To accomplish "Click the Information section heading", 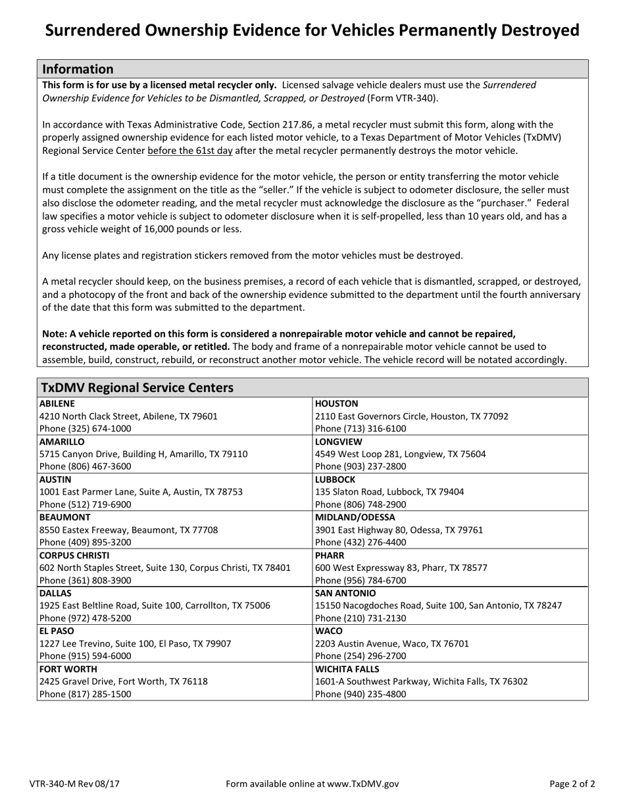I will click(78, 69).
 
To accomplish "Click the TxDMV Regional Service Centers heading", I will click(137, 387).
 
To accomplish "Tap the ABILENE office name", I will click(57, 403).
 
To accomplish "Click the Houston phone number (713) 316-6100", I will click(361, 428).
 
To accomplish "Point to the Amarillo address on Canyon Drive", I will click(143, 453).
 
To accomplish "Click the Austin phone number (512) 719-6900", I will click(86, 504).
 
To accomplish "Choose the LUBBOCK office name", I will click(336, 479).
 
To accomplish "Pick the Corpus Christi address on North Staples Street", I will click(165, 568).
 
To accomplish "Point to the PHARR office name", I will click(330, 555).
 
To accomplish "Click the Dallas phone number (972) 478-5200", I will click(86, 618).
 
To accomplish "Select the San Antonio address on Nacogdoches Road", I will click(438, 605).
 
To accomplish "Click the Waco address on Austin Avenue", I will click(392, 643).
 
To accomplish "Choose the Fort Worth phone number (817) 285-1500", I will click(86, 694).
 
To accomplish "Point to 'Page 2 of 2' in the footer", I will click(572, 783).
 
